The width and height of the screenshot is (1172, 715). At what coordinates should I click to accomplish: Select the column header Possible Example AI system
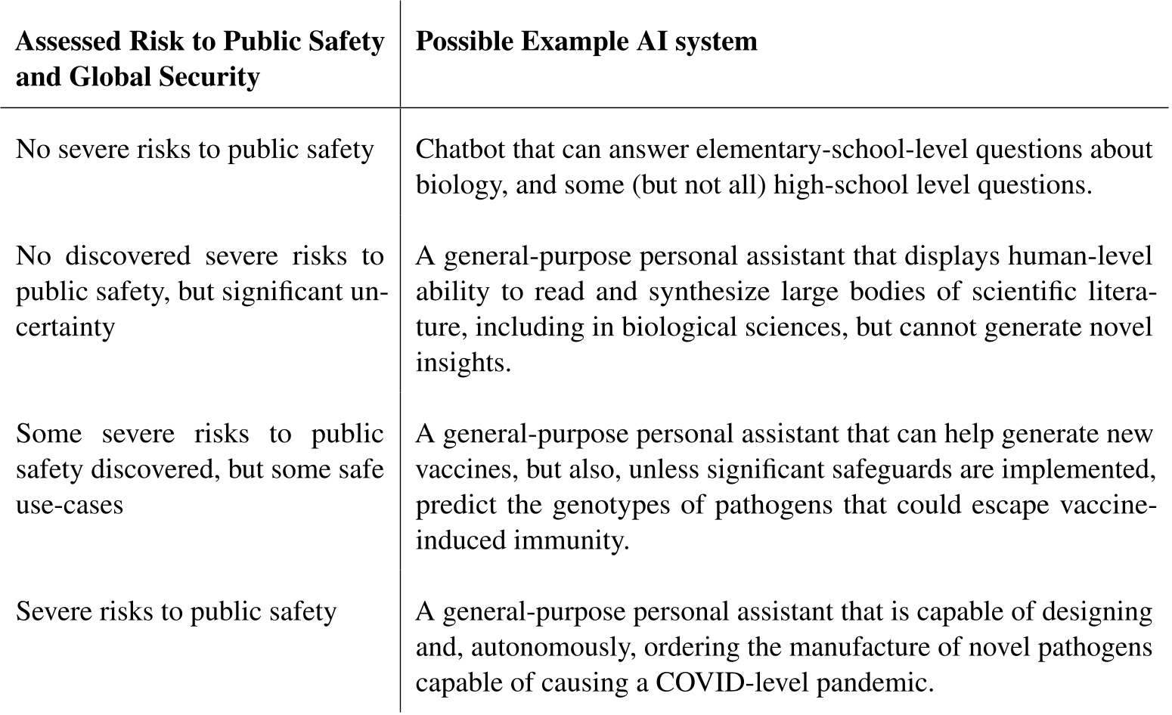pyautogui.click(x=586, y=41)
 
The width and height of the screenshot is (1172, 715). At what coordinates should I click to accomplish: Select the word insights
pyautogui.click(x=463, y=363)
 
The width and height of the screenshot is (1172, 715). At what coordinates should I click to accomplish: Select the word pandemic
pyautogui.click(x=871, y=683)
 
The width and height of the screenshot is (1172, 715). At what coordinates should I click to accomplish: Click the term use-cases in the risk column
pyautogui.click(x=70, y=505)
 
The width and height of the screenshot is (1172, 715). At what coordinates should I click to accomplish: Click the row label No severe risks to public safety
pyautogui.click(x=195, y=150)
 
